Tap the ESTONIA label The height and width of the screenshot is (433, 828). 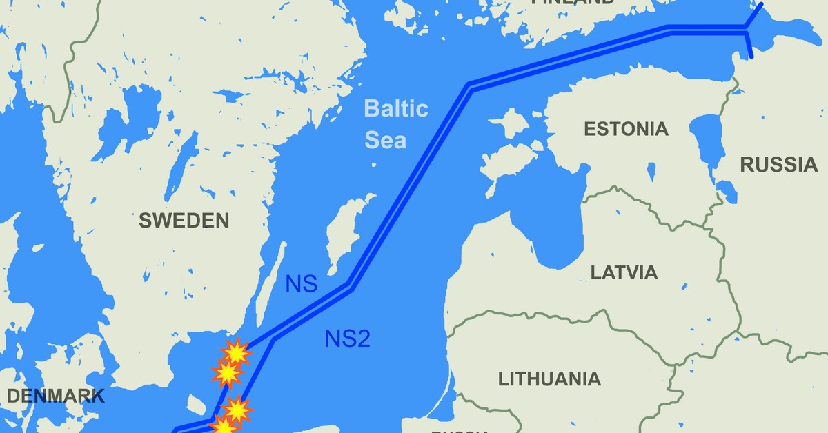pyautogui.click(x=626, y=129)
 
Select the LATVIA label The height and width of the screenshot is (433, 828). pyautogui.click(x=624, y=272)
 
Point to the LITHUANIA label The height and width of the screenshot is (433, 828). pyautogui.click(x=549, y=379)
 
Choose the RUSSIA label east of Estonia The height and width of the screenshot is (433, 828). pyautogui.click(x=778, y=164)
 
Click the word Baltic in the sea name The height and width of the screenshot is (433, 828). pyautogui.click(x=396, y=109)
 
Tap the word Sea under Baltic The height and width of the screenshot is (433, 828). pyautogui.click(x=386, y=141)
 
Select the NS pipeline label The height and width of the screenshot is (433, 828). pyautogui.click(x=301, y=284)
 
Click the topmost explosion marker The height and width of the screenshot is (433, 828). pyautogui.click(x=237, y=353)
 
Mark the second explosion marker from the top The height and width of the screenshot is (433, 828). pyautogui.click(x=226, y=374)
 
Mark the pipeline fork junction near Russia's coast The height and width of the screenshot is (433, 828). pyautogui.click(x=745, y=28)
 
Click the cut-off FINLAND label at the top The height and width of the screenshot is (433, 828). pyautogui.click(x=572, y=3)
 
